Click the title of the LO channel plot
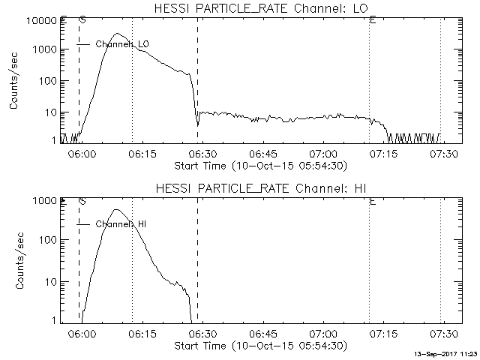[x=261, y=8]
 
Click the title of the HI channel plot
[x=261, y=188]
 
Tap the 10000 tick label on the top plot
[x=42, y=21]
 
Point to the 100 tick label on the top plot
[x=47, y=81]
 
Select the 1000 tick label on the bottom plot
[x=44, y=201]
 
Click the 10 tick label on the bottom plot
[x=51, y=282]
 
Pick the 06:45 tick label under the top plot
[x=262, y=154]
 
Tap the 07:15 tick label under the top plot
[x=383, y=154]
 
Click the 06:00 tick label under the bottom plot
[x=82, y=333]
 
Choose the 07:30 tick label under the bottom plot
[x=443, y=333]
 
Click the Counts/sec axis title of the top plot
[x=13, y=81]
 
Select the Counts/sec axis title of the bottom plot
[x=20, y=261]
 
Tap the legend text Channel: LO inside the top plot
[x=122, y=44]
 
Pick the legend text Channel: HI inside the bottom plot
[x=121, y=224]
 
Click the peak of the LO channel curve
[x=117, y=33]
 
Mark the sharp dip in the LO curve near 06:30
[x=198, y=125]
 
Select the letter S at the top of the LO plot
[x=82, y=20]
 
